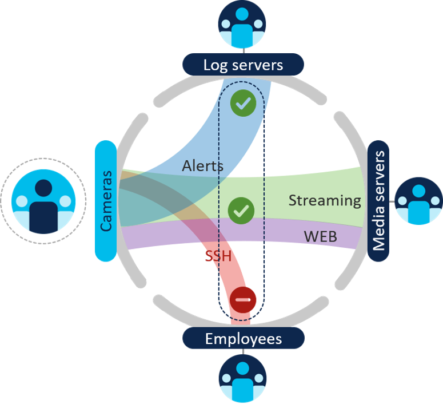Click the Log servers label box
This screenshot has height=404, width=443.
[243, 64]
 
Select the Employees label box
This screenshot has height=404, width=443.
[243, 339]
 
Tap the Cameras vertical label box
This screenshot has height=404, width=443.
[106, 200]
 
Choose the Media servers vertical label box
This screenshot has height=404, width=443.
[378, 200]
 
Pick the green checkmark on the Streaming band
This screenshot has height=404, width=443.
[241, 211]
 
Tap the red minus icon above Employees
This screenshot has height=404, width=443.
[243, 299]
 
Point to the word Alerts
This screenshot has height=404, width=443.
[202, 166]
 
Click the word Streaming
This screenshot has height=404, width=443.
[325, 200]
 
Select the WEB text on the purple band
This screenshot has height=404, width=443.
[320, 235]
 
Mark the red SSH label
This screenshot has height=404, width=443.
[218, 256]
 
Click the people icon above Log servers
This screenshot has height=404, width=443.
[243, 24]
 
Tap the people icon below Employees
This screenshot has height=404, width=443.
[243, 378]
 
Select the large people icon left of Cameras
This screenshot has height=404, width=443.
[43, 201]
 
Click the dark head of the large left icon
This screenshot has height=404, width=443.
[43, 188]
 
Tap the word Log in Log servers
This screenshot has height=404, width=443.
[213, 64]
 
